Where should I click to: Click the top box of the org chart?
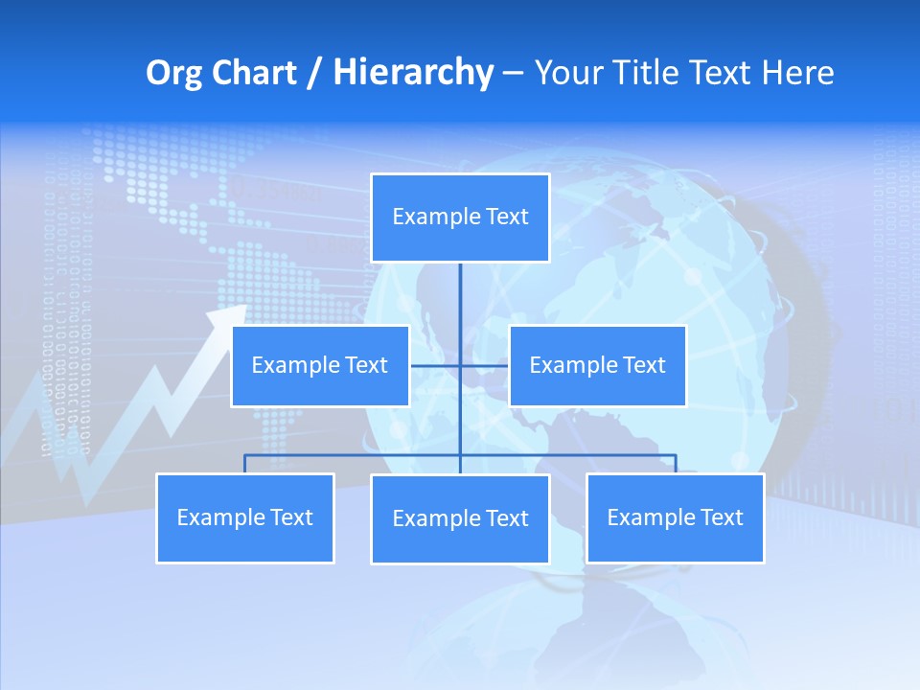(460, 218)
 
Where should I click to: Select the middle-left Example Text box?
(320, 365)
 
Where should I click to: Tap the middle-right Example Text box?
(597, 365)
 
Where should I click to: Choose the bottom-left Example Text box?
(244, 517)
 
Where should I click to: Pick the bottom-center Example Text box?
(460, 518)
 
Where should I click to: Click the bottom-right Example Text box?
(675, 517)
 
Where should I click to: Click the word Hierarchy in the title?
(412, 73)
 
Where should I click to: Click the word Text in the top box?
(507, 217)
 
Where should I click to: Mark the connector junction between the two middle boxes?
(460, 365)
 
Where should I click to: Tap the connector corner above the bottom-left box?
(244, 455)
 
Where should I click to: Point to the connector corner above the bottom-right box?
(676, 455)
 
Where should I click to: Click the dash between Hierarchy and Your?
(513, 73)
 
